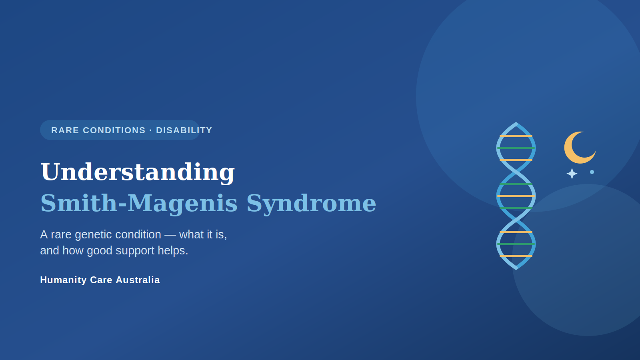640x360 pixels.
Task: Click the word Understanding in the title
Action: coord(138,172)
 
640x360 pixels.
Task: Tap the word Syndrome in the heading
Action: coord(311,204)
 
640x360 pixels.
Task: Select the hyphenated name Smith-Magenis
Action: coord(139,204)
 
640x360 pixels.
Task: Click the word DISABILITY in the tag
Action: coord(184,130)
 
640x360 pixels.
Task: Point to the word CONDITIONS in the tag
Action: coord(114,130)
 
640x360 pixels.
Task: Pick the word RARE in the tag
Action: coord(65,130)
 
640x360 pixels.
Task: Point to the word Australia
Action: coord(138,280)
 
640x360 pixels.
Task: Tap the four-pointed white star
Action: coord(572,174)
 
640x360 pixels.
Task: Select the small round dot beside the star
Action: coord(592,172)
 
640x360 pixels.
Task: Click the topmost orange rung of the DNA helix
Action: coord(516,136)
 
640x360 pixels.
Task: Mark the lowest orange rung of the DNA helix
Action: coord(516,256)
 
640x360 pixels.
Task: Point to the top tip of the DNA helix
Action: coord(516,124)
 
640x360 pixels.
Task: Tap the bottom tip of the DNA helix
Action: coord(516,268)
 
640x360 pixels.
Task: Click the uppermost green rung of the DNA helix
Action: coord(516,148)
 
